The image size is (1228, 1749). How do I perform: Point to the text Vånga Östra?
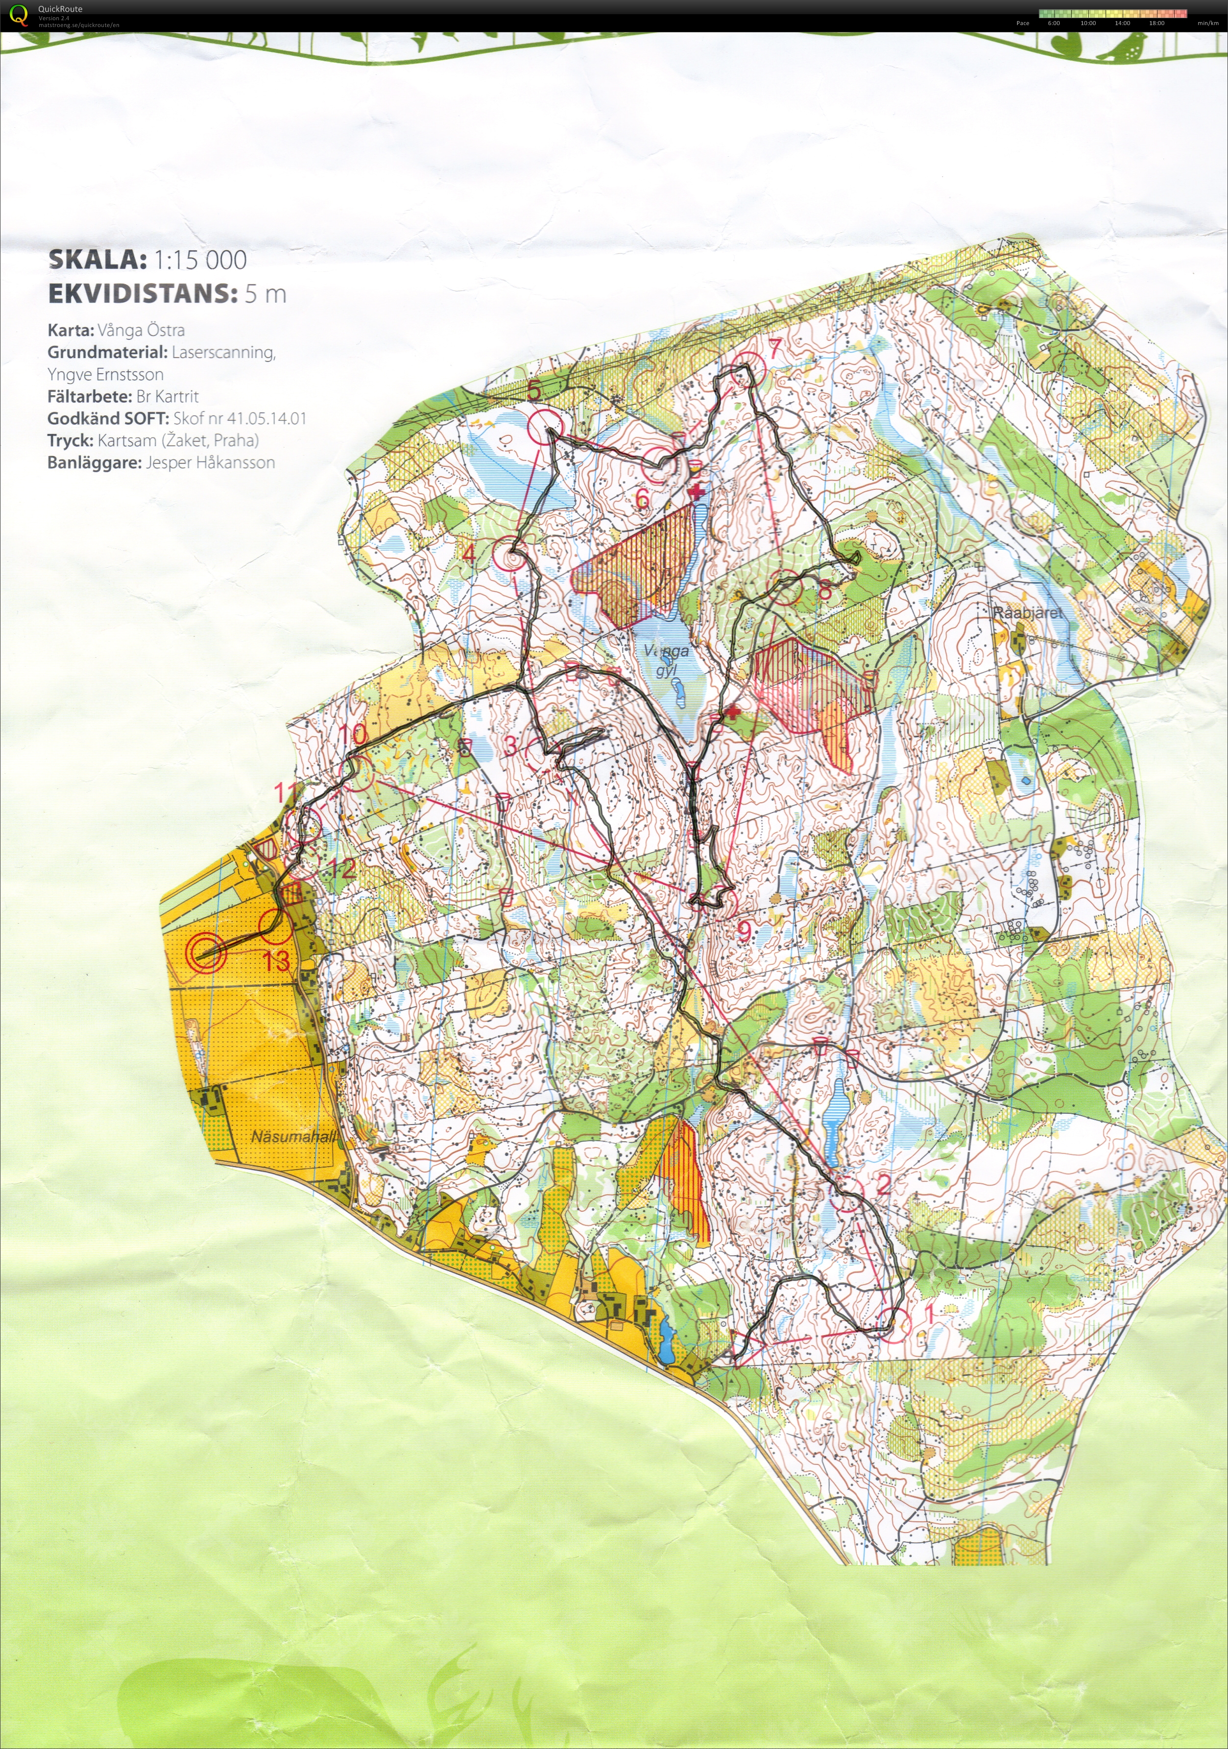[141, 330]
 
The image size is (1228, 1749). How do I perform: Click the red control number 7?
[775, 349]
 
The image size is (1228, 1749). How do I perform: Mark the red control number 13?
[277, 960]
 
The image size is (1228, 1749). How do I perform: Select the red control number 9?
[744, 931]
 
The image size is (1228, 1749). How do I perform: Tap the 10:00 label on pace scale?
[1088, 23]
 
